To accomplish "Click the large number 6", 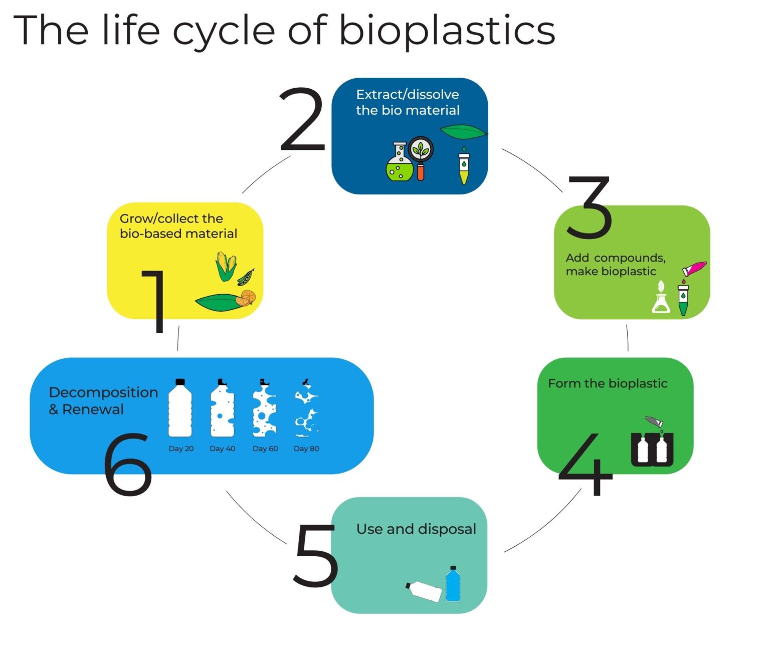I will click(128, 464).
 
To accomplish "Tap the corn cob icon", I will click(226, 266).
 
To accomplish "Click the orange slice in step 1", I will click(247, 298).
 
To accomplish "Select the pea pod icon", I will click(246, 277).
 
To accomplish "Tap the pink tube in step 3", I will click(694, 268).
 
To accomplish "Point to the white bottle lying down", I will click(425, 591).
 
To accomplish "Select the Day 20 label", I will click(181, 449).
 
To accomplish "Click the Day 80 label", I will click(306, 449).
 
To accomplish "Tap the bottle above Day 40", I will click(222, 408).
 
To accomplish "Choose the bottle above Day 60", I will click(264, 408).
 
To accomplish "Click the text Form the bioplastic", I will click(608, 383).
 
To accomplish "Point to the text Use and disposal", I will click(416, 529).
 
